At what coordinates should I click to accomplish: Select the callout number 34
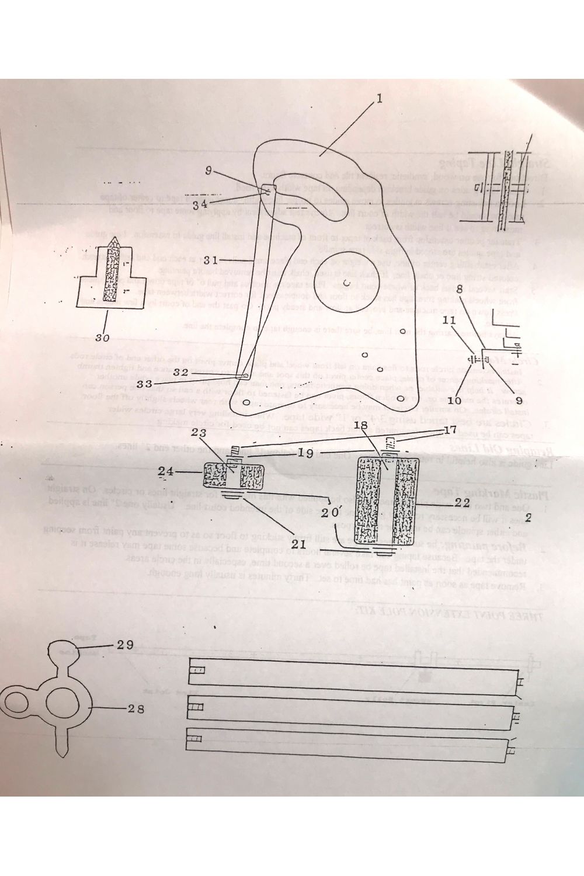pyautogui.click(x=200, y=204)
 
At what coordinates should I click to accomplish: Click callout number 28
pyautogui.click(x=135, y=708)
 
